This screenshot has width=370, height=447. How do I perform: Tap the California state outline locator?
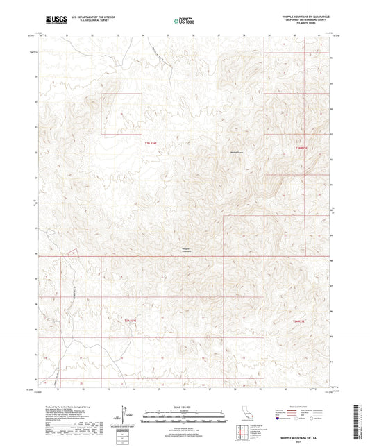pyautogui.click(x=245, y=415)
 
